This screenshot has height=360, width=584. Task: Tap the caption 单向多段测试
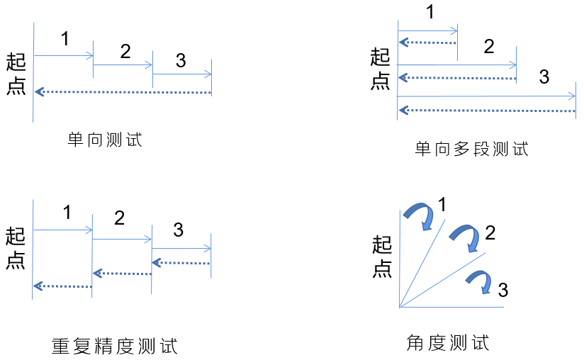click(471, 149)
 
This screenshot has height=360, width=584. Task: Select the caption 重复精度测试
click(114, 346)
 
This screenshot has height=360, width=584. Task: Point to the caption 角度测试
click(448, 344)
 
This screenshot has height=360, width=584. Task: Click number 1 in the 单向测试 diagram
click(65, 40)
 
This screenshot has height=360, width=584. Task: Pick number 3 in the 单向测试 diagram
click(181, 61)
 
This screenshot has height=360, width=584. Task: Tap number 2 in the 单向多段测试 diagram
click(488, 47)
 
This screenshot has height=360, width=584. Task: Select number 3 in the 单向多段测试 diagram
click(544, 77)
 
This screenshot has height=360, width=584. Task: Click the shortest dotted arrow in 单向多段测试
click(428, 43)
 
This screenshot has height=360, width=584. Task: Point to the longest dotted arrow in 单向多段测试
click(487, 110)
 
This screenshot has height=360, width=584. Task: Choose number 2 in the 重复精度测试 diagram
click(119, 218)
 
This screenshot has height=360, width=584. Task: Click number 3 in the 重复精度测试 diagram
click(178, 230)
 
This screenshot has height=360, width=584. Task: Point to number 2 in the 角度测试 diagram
click(488, 232)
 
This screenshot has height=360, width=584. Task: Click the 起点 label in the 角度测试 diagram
click(382, 257)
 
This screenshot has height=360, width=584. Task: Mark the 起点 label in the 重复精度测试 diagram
click(16, 249)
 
